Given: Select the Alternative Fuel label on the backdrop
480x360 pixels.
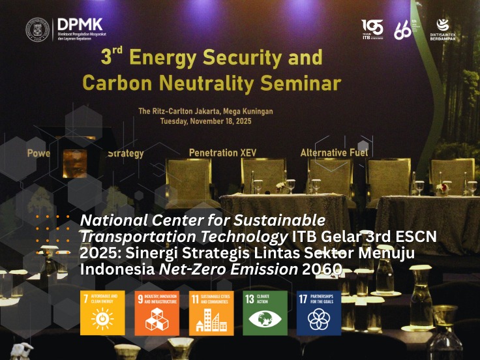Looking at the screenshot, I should click(x=334, y=153).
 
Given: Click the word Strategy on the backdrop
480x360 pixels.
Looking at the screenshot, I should click(x=125, y=154).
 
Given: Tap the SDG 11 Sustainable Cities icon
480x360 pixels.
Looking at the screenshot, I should click(x=211, y=313).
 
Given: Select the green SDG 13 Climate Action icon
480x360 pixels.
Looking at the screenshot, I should click(x=265, y=313).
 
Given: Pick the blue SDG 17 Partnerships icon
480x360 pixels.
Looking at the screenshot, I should click(x=319, y=313).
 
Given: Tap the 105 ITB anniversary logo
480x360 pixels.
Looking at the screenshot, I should click(x=372, y=29).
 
